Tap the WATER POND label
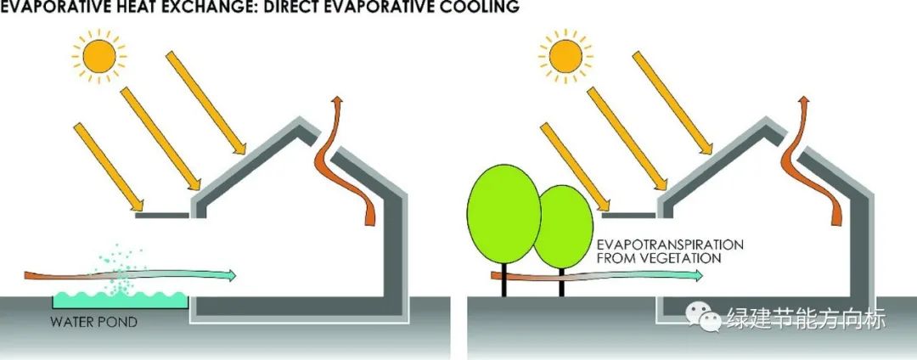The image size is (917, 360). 93,323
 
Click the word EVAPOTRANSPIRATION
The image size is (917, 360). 669,245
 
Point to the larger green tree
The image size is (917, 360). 504,212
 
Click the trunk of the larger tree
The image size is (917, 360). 504,280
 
